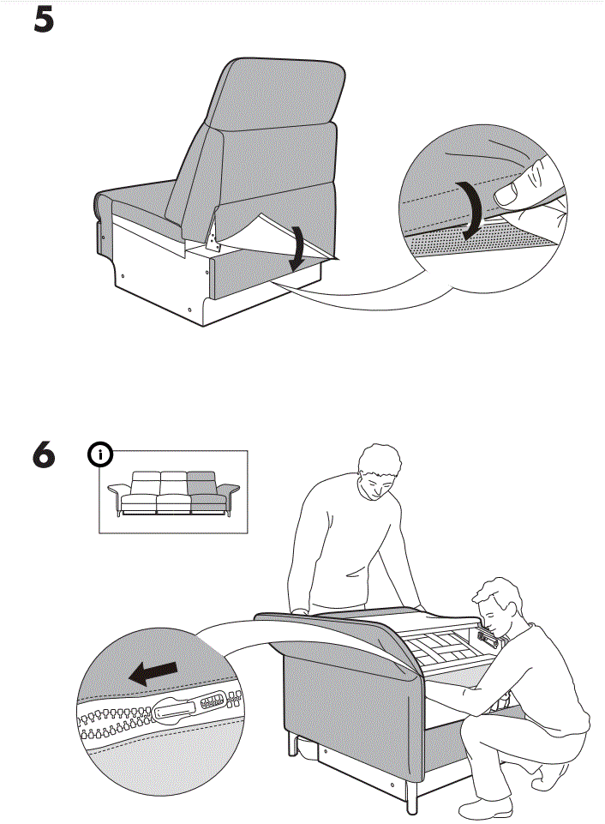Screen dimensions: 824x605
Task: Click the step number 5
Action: [44, 21]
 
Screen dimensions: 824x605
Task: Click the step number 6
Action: [44, 454]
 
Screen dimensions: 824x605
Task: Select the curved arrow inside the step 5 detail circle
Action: [470, 210]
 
